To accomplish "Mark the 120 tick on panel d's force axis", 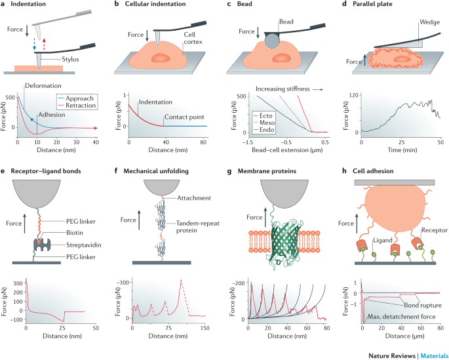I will click(x=345, y=96).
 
